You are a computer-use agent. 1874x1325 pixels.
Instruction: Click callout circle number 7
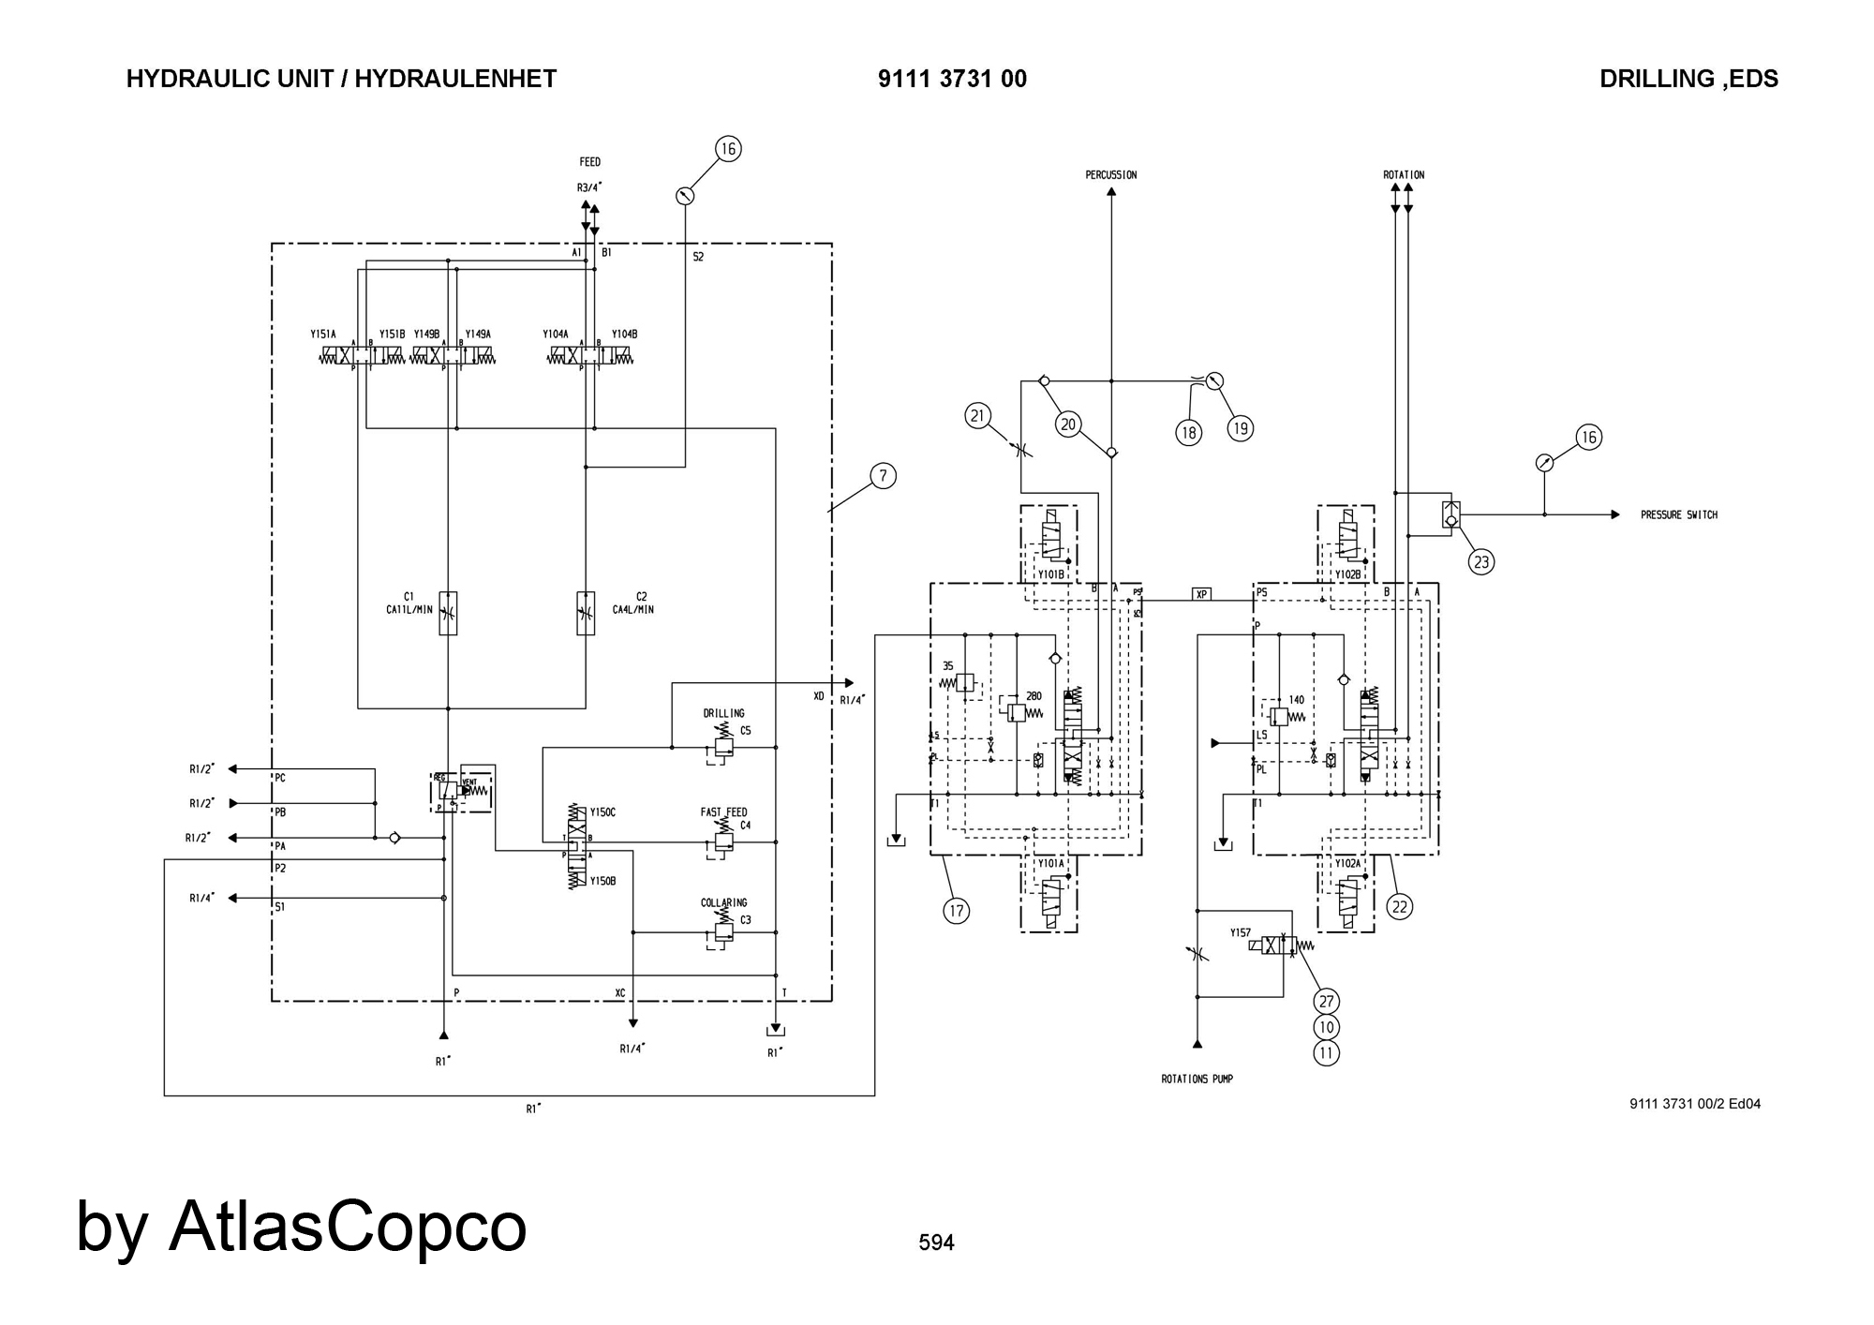pos(883,476)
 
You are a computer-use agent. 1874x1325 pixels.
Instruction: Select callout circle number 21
pos(978,416)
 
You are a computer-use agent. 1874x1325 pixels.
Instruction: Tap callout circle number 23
pos(1481,562)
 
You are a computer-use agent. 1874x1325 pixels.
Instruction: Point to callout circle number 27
pos(1326,1002)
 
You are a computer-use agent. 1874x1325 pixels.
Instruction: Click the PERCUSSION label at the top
pos(1110,175)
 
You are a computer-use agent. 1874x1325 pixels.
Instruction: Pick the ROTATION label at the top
pos(1403,175)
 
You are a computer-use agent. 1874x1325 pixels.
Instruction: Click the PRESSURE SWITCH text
pos(1678,515)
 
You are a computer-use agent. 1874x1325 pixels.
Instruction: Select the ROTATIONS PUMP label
pos(1197,1079)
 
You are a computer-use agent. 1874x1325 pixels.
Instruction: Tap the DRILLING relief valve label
pos(723,714)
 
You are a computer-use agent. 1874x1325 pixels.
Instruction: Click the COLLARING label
pos(723,903)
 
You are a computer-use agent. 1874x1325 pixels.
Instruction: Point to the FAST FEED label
pos(723,812)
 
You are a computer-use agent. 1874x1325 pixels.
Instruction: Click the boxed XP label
pos(1201,594)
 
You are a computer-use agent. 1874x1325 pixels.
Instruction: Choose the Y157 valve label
pos(1241,933)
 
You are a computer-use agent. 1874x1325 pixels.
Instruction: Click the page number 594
pos(936,1243)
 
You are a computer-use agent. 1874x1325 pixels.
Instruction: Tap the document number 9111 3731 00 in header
pos(952,79)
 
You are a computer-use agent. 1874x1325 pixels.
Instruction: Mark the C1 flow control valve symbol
pos(448,614)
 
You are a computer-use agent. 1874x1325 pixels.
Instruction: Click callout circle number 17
pos(956,910)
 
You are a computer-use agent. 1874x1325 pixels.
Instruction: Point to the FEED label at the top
pos(589,162)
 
